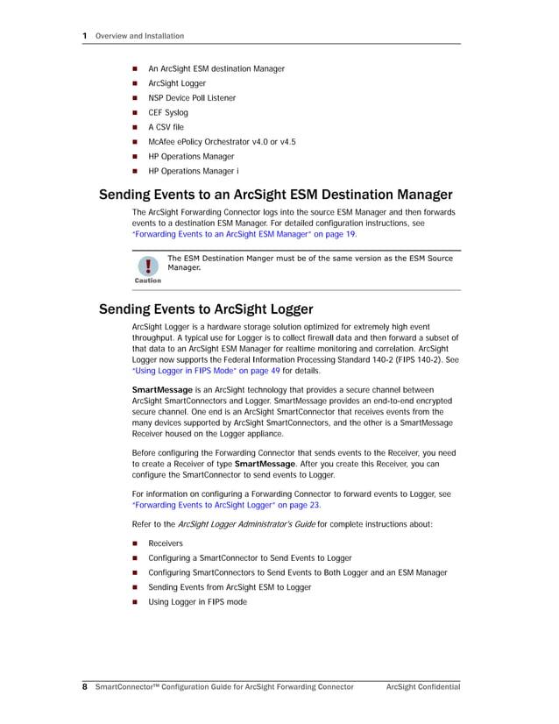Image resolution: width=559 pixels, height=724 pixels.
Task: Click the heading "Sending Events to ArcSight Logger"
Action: (x=206, y=309)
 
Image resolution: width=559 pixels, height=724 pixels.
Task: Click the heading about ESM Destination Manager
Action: (x=275, y=195)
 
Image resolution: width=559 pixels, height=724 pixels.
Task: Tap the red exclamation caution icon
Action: (x=148, y=266)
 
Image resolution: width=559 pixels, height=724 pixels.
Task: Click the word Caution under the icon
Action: (x=148, y=280)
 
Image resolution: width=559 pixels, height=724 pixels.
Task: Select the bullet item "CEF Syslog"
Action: (x=168, y=112)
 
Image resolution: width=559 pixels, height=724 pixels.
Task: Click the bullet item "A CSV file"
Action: (x=166, y=127)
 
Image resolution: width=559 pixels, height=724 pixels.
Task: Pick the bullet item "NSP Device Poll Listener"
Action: (x=192, y=98)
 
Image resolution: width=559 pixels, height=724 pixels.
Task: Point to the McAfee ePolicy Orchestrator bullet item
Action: (x=222, y=142)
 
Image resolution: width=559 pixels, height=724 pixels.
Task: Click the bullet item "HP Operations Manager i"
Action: (x=194, y=171)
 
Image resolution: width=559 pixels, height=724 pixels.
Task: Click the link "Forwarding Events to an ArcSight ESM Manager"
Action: (x=232, y=235)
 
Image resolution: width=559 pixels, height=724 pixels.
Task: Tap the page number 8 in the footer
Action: (x=84, y=687)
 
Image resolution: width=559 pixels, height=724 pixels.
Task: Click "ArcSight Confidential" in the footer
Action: (x=423, y=687)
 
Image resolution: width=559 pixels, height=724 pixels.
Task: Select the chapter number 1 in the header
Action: (x=85, y=36)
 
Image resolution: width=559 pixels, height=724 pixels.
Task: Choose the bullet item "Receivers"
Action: (x=166, y=543)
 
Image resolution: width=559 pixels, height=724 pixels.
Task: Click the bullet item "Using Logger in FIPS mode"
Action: (x=197, y=602)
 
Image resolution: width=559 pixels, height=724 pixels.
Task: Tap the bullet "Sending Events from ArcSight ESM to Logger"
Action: (x=230, y=587)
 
